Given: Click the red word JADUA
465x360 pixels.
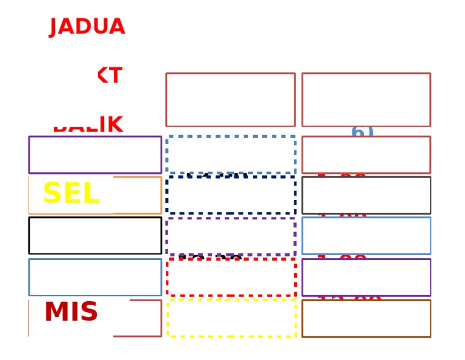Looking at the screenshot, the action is (x=87, y=27).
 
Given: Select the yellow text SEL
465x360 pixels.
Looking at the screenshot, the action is (x=71, y=194).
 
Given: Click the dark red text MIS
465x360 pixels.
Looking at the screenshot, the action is (x=71, y=313).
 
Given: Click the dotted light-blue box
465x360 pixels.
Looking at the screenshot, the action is (x=231, y=155).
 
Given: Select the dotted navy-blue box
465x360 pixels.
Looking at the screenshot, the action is (x=231, y=195).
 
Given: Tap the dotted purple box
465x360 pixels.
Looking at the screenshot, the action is (x=231, y=236).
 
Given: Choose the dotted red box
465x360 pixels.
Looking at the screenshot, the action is (x=231, y=278).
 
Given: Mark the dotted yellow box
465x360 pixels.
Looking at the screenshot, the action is (x=231, y=318).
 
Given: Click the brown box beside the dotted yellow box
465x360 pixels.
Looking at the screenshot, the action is (x=366, y=318).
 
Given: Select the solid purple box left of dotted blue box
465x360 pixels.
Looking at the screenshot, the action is (x=95, y=155).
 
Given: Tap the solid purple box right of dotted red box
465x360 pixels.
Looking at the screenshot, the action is (x=366, y=278).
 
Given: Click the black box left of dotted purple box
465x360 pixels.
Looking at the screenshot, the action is (x=95, y=235).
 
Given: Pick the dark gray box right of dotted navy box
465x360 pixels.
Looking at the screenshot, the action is (x=366, y=195).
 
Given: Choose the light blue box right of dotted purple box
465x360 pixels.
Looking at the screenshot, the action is (x=366, y=236).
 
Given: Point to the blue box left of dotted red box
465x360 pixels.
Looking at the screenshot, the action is (x=95, y=278).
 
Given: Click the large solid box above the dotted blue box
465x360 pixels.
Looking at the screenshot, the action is (x=231, y=99).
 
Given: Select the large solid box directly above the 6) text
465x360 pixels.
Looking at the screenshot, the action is (x=366, y=99).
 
